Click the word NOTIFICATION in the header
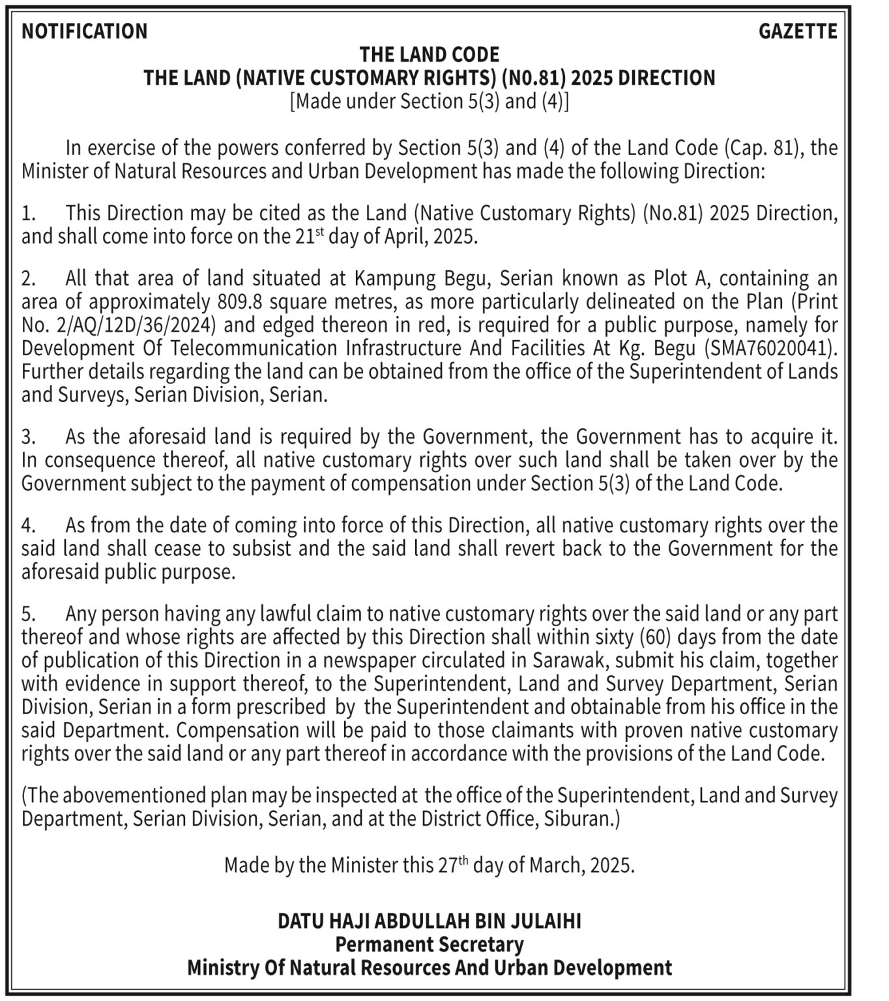click(x=85, y=31)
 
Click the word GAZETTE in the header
click(x=798, y=31)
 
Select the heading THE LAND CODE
click(x=430, y=54)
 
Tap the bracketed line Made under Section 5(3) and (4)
click(x=430, y=102)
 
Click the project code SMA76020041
click(x=769, y=349)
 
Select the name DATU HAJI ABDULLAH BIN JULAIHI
click(x=430, y=921)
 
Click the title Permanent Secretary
click(x=430, y=944)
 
